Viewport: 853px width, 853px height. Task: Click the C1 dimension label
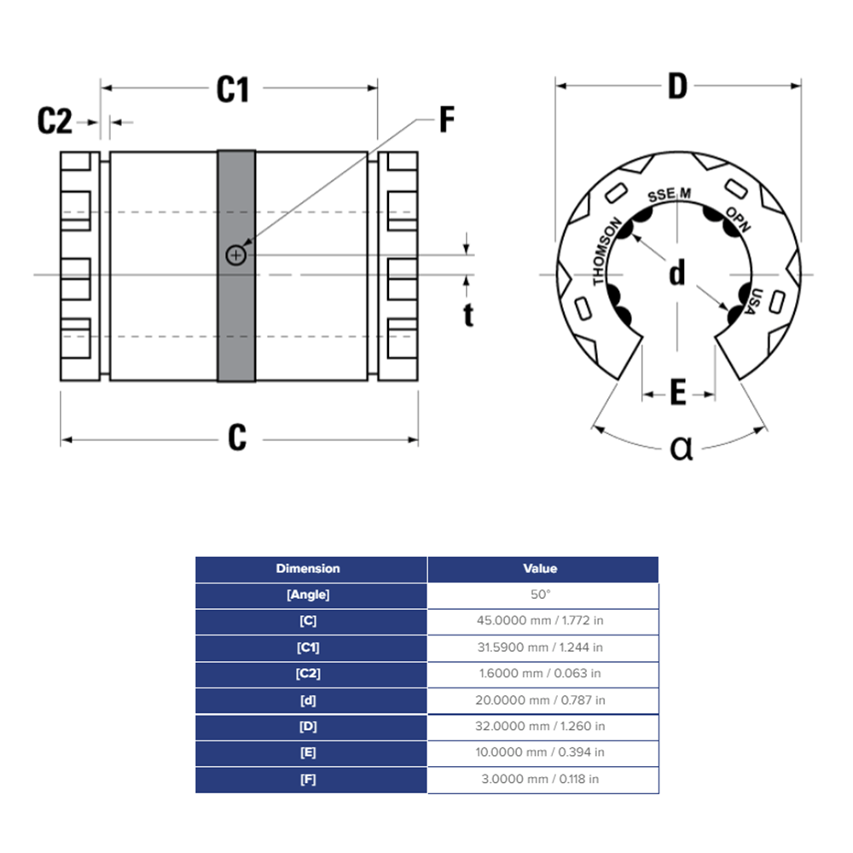[x=232, y=89]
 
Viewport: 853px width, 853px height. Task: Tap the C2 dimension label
[x=55, y=122]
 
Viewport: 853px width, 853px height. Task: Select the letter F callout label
[x=446, y=120]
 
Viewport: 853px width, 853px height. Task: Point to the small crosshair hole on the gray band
[x=235, y=254]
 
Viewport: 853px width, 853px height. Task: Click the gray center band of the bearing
[x=236, y=324]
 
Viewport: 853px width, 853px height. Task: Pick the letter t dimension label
[x=468, y=315]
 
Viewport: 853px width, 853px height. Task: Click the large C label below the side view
[x=236, y=438]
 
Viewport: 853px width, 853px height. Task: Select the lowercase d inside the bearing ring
[x=677, y=274]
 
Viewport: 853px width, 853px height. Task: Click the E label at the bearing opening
[x=678, y=393]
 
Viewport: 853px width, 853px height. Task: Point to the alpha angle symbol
[x=681, y=447]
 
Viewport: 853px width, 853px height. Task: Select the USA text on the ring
[x=752, y=302]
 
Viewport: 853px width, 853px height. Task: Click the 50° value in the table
[x=542, y=595]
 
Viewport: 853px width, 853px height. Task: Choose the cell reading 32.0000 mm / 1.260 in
[x=542, y=726]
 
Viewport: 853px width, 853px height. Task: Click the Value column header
[x=542, y=568]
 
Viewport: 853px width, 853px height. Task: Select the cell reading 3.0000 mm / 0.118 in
[x=542, y=779]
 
